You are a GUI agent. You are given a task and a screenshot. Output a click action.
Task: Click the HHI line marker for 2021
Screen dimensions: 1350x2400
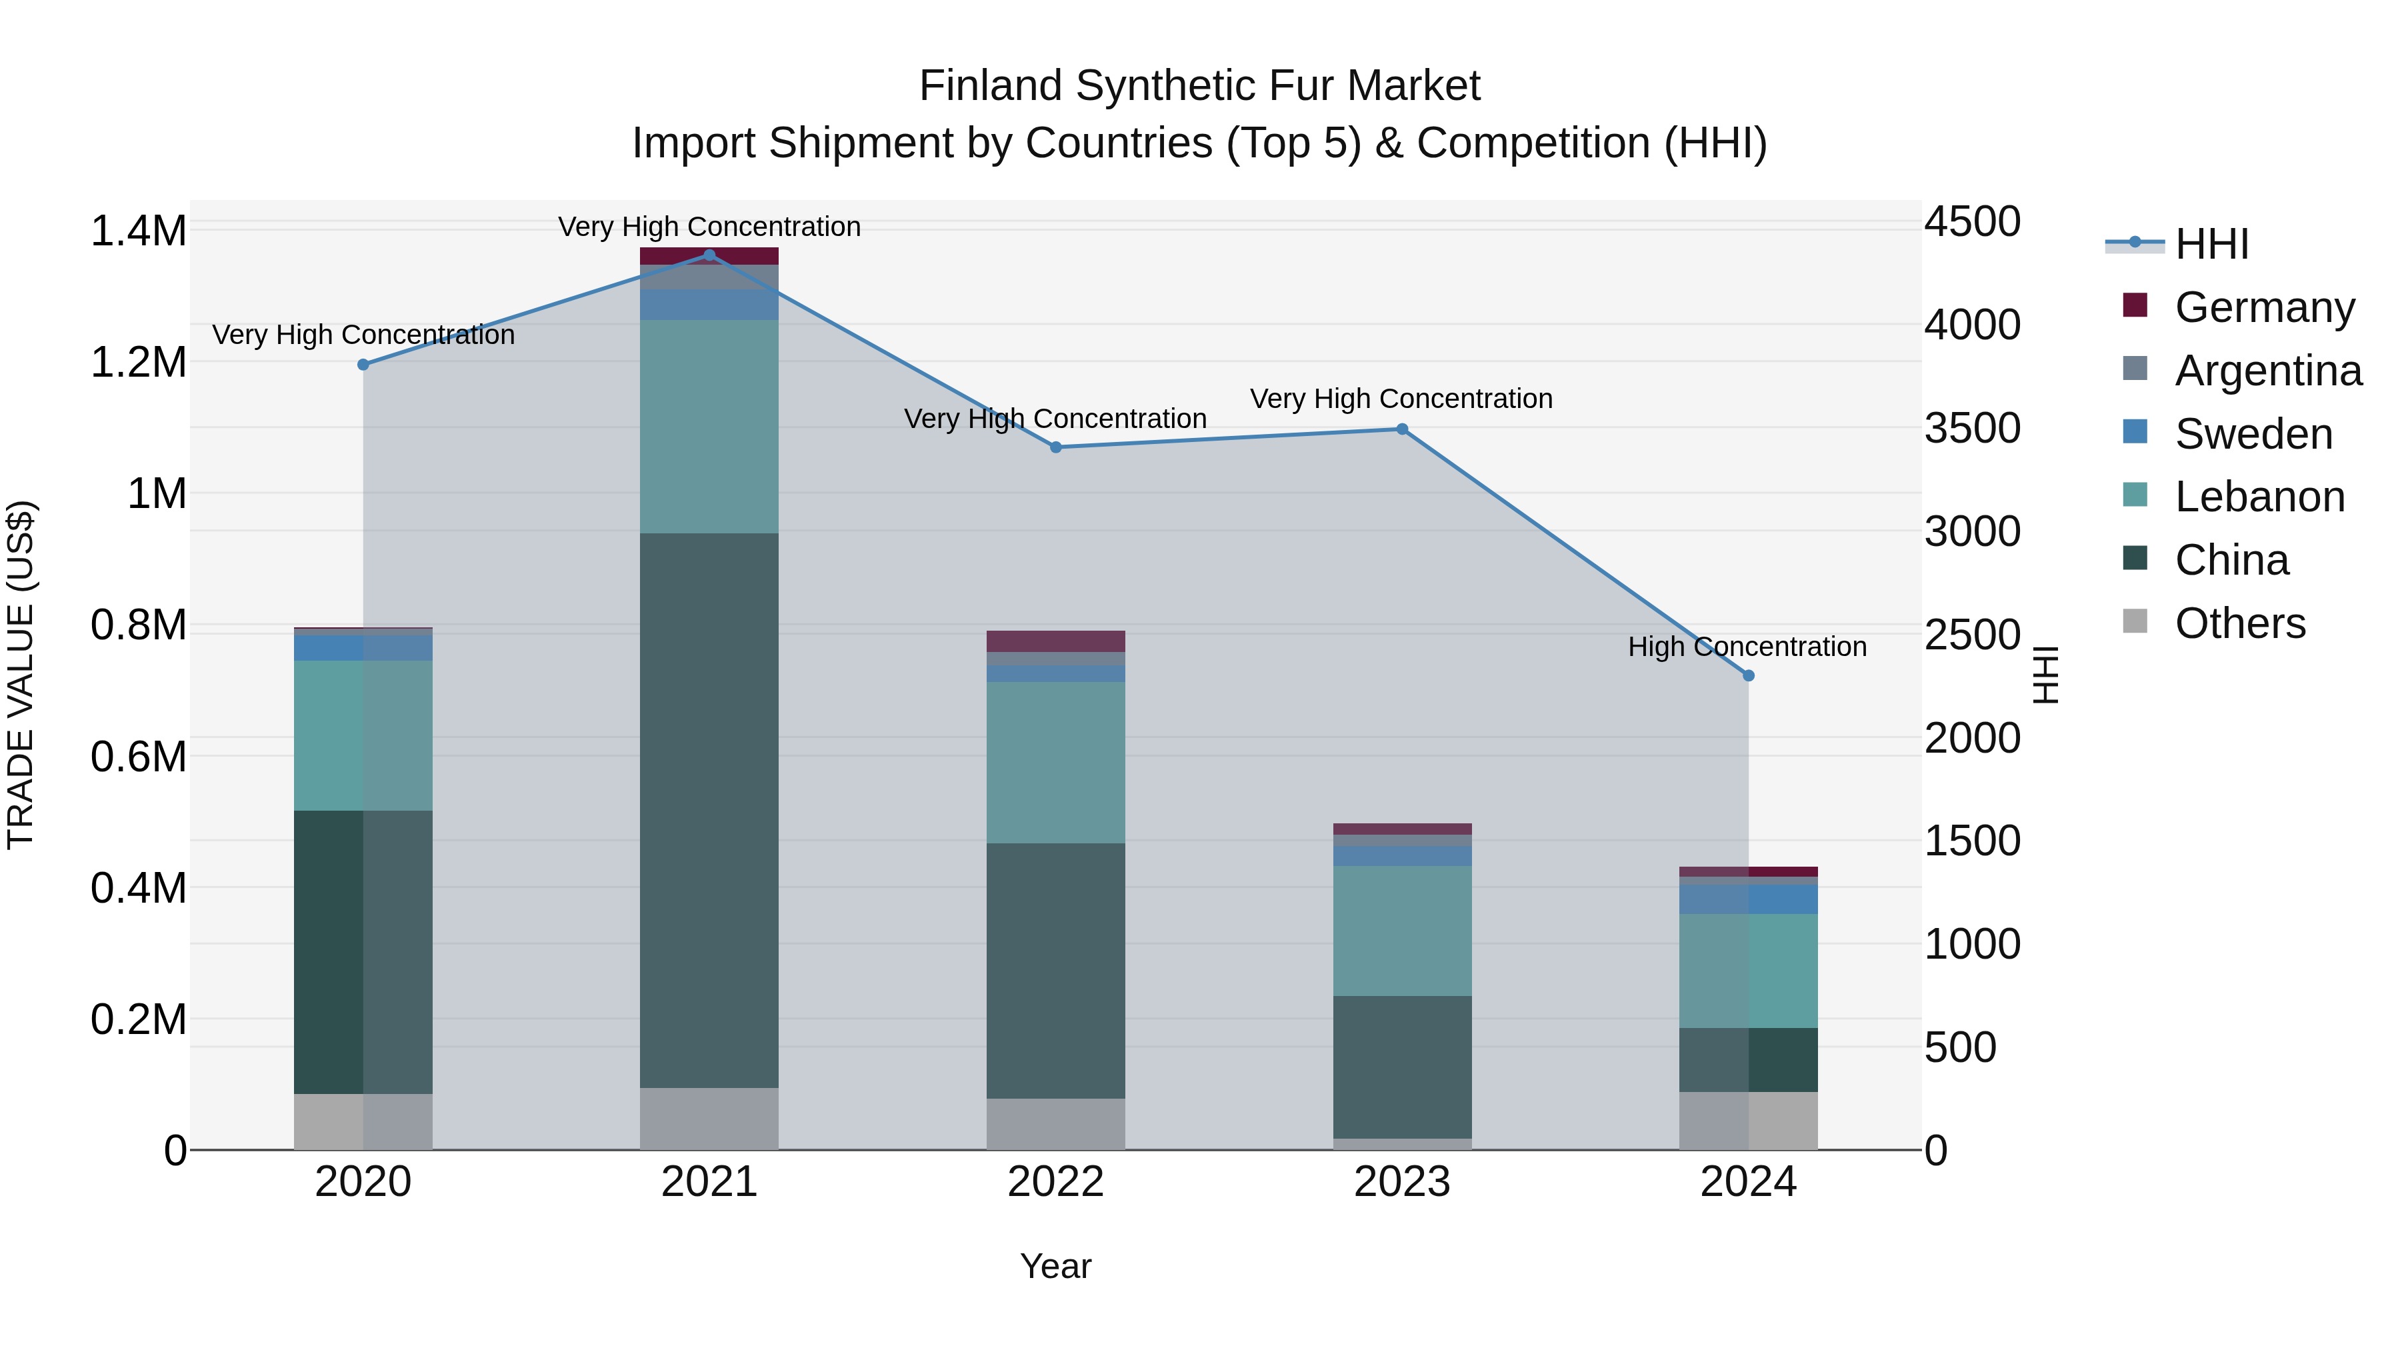(x=709, y=255)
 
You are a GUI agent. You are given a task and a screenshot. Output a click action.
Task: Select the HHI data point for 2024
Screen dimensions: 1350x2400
(x=1748, y=675)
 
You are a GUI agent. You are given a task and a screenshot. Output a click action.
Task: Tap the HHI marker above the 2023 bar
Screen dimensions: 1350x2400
(x=1402, y=429)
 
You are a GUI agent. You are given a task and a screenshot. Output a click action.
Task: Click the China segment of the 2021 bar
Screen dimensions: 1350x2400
(x=709, y=811)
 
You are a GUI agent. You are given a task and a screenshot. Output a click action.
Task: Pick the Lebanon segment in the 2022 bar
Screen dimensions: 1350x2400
(x=1055, y=762)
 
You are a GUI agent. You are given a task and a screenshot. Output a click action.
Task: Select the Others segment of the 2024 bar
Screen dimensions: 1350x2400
(x=1748, y=1120)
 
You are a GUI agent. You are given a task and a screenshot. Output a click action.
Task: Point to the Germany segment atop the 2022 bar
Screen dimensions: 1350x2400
(x=1055, y=641)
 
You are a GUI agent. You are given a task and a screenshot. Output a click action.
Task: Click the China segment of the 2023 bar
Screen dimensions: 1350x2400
(x=1402, y=1067)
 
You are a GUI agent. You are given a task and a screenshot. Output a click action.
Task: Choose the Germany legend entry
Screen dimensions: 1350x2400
(x=2264, y=307)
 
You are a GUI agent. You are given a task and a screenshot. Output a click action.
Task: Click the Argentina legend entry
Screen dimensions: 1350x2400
(x=2268, y=370)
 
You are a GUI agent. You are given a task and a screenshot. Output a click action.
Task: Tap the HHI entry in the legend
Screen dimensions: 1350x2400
(x=2211, y=244)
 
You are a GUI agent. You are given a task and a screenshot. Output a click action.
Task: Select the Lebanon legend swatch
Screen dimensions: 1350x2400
(x=2135, y=495)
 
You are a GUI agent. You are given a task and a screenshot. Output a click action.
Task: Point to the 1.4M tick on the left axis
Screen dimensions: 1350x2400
(x=139, y=231)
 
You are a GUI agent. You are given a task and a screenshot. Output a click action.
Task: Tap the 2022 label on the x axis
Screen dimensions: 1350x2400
(x=1055, y=1182)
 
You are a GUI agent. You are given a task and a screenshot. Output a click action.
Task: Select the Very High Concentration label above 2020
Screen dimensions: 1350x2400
(x=363, y=335)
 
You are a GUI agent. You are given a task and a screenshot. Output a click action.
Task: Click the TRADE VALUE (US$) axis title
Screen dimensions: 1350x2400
(x=21, y=675)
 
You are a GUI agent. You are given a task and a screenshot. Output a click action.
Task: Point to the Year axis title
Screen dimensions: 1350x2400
(x=1055, y=1266)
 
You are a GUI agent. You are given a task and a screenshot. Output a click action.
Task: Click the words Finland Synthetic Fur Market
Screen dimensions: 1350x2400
(x=1199, y=86)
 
